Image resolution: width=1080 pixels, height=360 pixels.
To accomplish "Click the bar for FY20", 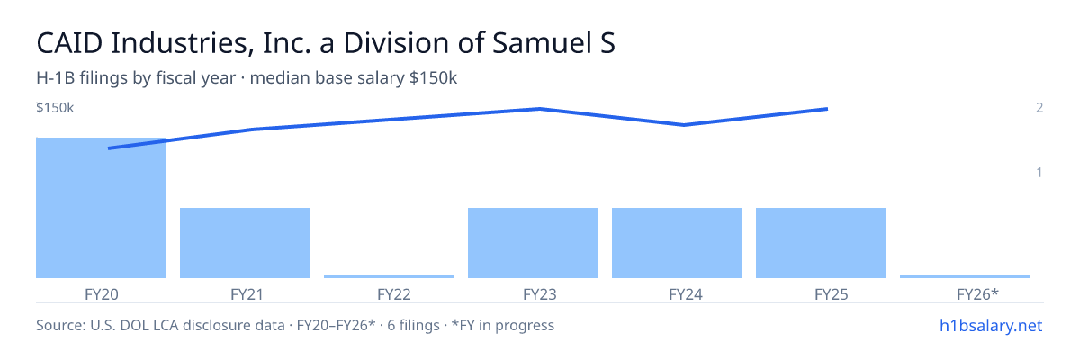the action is click(101, 208).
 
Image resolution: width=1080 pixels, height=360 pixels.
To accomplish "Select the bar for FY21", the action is click(245, 243).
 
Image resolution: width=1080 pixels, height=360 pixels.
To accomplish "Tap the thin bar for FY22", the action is click(389, 276).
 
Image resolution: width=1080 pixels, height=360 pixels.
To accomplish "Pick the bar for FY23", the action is click(533, 243).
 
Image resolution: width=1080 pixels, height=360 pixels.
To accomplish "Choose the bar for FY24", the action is click(677, 243).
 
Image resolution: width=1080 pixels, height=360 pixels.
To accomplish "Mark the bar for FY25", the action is click(821, 243).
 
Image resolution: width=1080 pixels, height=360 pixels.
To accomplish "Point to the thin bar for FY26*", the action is click(965, 276).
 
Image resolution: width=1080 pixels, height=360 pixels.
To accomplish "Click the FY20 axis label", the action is click(101, 294).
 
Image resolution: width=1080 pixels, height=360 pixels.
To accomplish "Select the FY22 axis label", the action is click(394, 294).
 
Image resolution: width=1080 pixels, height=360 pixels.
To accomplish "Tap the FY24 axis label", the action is click(686, 294).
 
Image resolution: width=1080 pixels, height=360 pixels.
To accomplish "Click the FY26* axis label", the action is click(977, 294).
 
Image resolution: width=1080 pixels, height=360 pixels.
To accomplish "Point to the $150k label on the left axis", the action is click(55, 107).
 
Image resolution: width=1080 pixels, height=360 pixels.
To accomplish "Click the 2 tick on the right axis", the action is click(1039, 107).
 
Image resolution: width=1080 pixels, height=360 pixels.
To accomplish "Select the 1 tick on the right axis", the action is click(1039, 172).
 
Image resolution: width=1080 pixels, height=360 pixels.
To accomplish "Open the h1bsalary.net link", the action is click(991, 325).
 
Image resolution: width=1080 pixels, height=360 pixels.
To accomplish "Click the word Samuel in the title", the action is click(542, 42).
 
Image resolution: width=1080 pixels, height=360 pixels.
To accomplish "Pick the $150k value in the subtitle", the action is click(433, 77).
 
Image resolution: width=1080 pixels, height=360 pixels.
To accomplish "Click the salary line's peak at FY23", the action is click(540, 109).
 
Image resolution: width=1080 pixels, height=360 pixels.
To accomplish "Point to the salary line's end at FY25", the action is click(828, 109).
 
